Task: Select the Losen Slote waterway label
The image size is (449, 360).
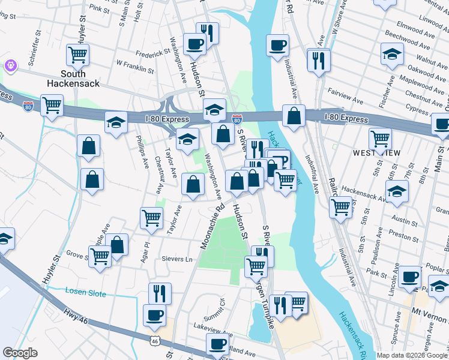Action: pos(85,293)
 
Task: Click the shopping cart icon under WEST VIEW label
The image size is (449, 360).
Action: pos(380,139)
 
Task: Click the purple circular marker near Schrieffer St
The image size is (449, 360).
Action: pos(10,65)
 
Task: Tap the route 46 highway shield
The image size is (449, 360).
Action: pos(155,340)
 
